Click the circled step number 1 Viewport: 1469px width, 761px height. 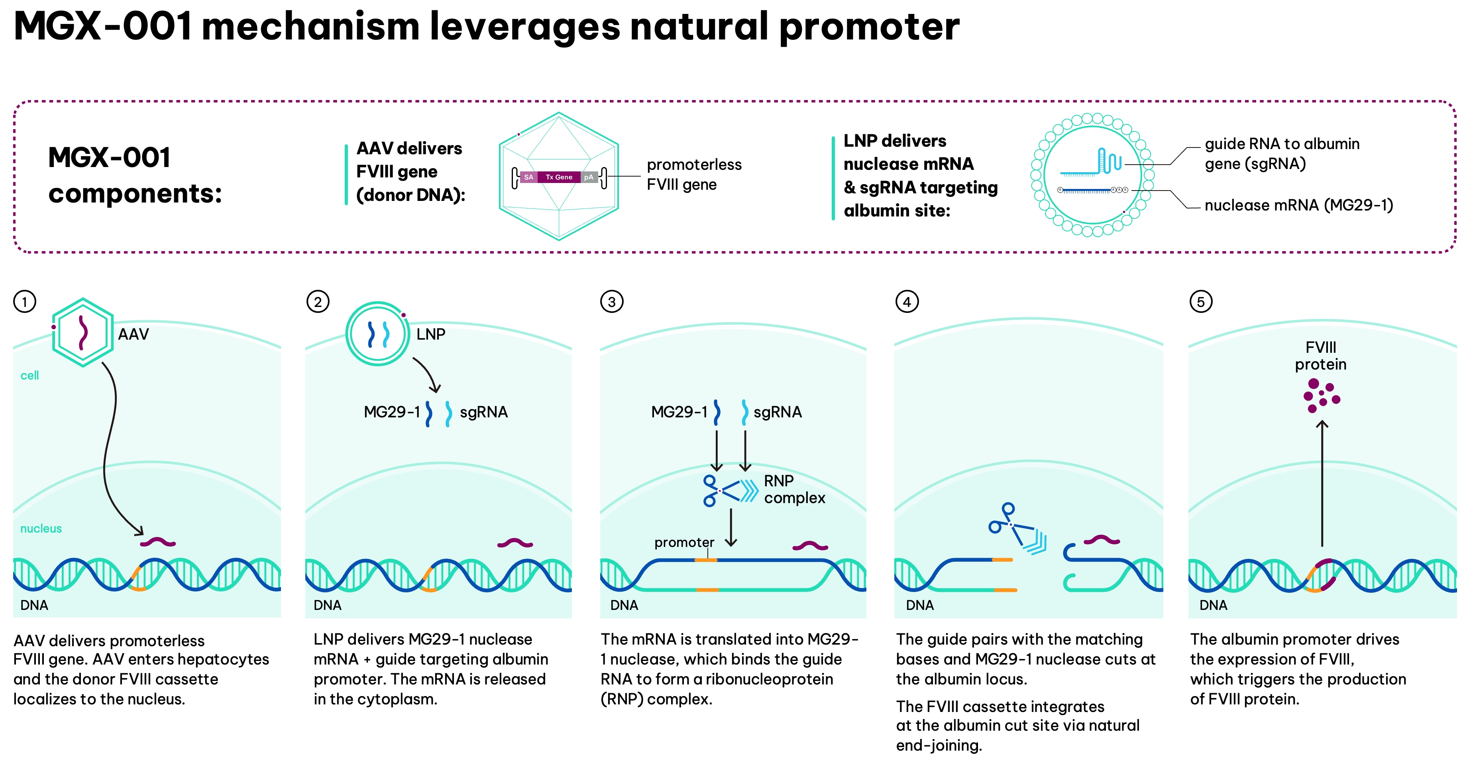tap(25, 301)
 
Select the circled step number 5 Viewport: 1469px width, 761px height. tap(1200, 301)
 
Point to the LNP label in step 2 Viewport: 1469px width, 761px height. tap(430, 334)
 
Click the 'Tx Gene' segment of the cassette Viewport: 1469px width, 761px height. tap(559, 177)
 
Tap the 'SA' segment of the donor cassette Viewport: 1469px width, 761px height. tap(528, 177)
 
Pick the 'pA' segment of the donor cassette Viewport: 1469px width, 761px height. tap(589, 177)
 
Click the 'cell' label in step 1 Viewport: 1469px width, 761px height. tap(29, 376)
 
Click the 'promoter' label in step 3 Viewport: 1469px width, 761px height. tap(684, 543)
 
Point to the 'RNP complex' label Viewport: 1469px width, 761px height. tap(794, 490)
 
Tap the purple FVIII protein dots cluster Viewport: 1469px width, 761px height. tap(1321, 395)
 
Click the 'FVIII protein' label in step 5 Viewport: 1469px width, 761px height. tap(1321, 356)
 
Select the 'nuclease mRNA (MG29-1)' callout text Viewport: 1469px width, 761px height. tap(1298, 205)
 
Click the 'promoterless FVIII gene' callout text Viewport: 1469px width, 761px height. tap(694, 175)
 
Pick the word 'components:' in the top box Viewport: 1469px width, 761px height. tap(135, 193)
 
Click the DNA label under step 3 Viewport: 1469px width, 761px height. tap(624, 605)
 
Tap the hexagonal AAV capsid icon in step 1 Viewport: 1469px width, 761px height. tap(82, 332)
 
